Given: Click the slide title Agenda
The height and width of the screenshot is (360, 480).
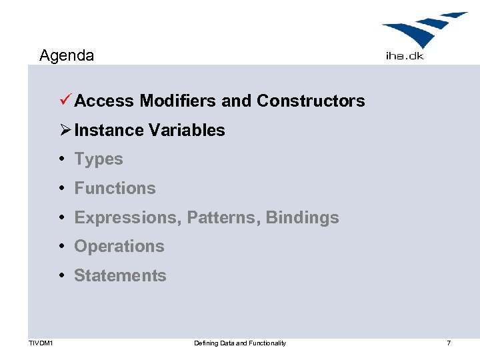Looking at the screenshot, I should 67,55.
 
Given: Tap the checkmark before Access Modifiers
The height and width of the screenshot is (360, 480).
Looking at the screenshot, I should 65,101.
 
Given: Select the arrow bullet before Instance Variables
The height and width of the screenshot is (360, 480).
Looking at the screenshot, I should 65,130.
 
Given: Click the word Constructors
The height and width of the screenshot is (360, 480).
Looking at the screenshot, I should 311,101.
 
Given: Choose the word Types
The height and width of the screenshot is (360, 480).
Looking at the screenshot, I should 99,159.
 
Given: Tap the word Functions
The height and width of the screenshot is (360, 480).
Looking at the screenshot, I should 115,189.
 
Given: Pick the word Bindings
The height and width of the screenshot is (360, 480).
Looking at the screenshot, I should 302,217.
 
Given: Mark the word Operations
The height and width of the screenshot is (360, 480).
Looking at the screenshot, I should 119,246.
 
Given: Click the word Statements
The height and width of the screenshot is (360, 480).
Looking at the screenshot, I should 120,275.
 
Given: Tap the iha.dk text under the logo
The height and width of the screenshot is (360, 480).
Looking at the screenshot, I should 404,56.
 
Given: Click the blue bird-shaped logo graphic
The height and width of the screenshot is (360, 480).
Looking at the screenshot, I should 424,30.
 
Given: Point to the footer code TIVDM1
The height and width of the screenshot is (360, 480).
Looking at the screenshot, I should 41,343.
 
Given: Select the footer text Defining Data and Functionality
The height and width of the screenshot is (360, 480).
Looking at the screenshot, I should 240,343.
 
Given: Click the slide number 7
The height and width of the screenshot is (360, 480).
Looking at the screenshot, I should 449,343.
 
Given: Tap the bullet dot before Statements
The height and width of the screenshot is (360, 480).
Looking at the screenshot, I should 61,275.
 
